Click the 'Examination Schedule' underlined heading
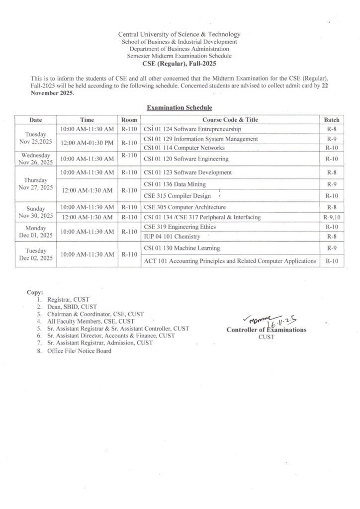click(x=179, y=107)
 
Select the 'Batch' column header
click(x=331, y=120)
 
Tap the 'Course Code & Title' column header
click(x=230, y=120)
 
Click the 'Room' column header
click(x=129, y=120)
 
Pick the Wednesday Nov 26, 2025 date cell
click(x=35, y=159)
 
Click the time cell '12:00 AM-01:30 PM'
click(x=87, y=143)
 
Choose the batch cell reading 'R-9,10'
click(x=331, y=217)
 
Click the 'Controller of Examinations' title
click(x=267, y=330)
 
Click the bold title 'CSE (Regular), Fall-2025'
click(x=179, y=64)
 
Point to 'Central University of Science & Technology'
click(x=179, y=34)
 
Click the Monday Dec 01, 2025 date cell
click(x=35, y=231)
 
